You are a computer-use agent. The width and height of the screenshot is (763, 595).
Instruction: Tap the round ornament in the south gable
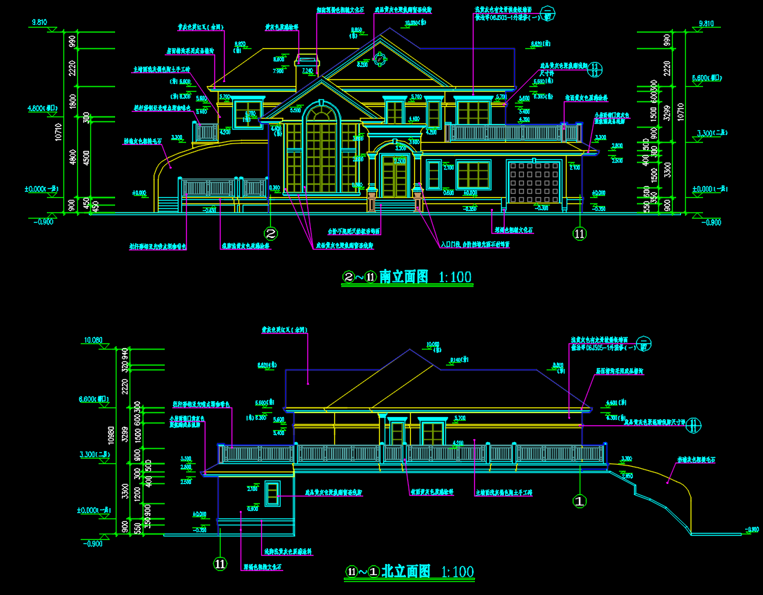(x=379, y=59)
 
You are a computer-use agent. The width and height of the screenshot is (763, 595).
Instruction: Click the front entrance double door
(x=394, y=177)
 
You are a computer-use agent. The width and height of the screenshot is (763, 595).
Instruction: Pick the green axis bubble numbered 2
(x=272, y=234)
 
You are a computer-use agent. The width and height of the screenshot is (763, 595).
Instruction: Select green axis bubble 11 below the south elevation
(x=580, y=234)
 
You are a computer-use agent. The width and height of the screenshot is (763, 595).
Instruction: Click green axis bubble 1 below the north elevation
(x=580, y=501)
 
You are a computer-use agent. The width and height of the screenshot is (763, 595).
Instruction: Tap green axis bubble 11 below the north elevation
(x=220, y=564)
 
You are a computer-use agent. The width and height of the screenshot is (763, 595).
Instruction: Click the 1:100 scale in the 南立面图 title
(x=454, y=277)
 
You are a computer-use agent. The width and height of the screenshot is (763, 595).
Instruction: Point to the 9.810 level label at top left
(x=39, y=23)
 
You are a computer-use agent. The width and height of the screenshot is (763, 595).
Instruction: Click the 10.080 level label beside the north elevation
(x=92, y=341)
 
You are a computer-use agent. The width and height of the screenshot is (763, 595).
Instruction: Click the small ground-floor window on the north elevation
(x=273, y=492)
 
